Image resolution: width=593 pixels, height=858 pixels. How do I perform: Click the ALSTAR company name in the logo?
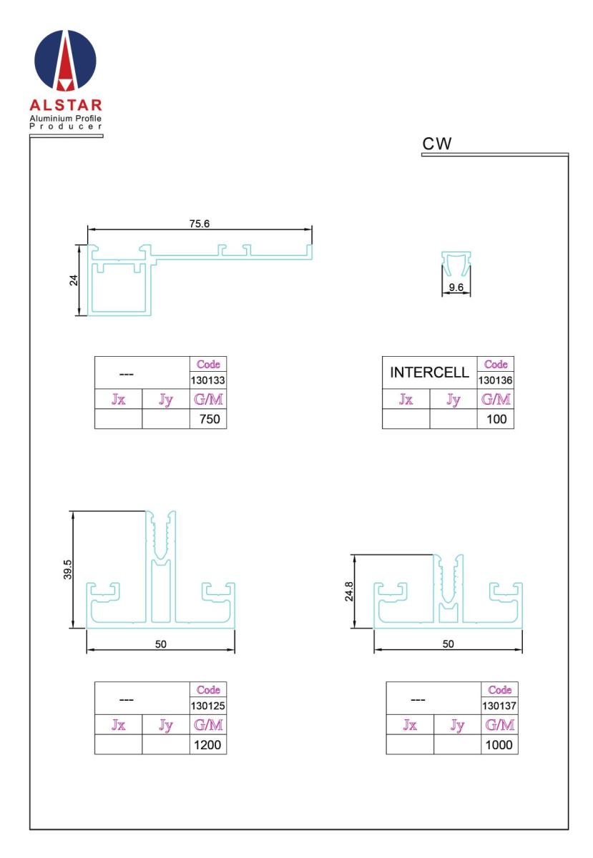(x=66, y=105)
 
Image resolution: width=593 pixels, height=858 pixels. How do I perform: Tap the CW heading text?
(x=436, y=144)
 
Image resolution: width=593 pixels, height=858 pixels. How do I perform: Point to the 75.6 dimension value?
(x=200, y=223)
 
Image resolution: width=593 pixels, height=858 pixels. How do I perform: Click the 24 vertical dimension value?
(x=74, y=280)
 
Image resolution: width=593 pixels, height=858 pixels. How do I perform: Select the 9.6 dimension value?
(x=456, y=287)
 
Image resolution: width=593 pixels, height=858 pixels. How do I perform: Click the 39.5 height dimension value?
(x=67, y=569)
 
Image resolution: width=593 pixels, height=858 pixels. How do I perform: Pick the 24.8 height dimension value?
(x=349, y=591)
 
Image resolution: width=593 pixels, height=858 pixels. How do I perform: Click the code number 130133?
(x=207, y=380)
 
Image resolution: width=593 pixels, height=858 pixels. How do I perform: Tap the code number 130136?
(x=495, y=380)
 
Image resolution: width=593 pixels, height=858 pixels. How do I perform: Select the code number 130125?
(x=207, y=706)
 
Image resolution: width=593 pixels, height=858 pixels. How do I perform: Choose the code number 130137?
(x=499, y=706)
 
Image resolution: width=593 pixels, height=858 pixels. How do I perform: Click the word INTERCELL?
(x=429, y=373)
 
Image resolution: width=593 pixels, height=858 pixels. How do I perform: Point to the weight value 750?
(x=210, y=419)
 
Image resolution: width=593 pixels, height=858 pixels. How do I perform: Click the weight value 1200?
(x=207, y=745)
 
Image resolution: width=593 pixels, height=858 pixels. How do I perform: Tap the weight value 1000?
(x=499, y=745)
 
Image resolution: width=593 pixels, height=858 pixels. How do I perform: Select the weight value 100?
(x=496, y=419)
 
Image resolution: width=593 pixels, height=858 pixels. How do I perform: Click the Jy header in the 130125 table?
(x=165, y=725)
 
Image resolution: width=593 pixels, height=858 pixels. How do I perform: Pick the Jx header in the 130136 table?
(x=406, y=399)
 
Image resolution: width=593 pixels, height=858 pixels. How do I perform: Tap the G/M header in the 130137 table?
(x=499, y=725)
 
